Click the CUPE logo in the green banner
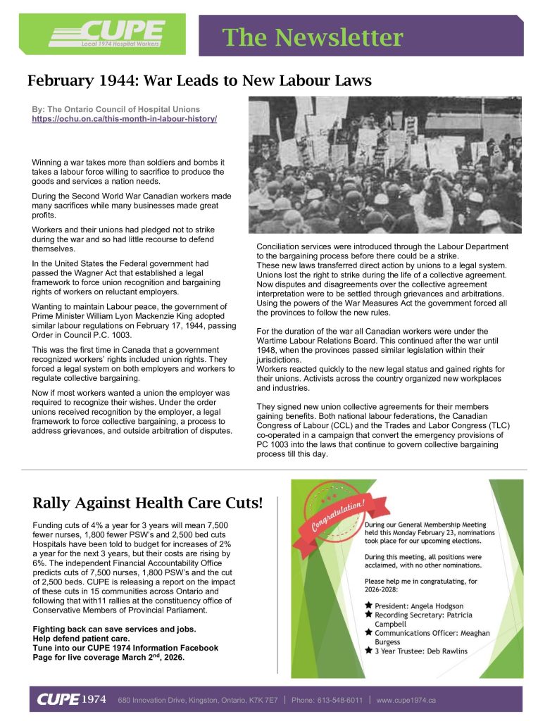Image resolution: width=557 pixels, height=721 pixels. point(106,33)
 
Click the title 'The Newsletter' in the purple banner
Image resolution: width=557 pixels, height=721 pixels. point(313,37)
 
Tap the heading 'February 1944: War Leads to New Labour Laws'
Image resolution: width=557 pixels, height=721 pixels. point(199,81)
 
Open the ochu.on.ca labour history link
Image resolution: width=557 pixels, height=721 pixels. point(125,120)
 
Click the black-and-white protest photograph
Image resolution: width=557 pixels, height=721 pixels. point(384,165)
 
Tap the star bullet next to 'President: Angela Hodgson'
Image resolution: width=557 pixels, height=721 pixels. point(368,605)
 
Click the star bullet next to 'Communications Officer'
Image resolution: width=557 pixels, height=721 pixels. point(368,633)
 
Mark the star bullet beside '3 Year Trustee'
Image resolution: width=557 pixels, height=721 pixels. point(368,651)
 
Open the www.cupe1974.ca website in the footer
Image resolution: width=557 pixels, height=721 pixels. point(407,700)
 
